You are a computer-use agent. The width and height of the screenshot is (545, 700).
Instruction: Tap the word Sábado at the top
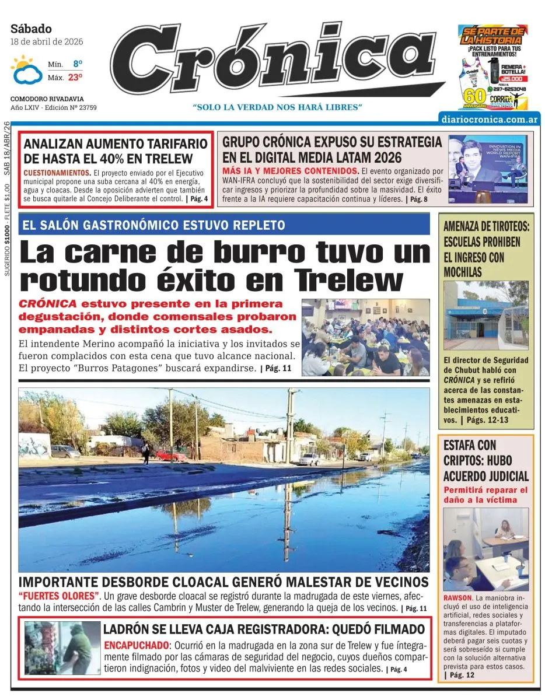coord(31,29)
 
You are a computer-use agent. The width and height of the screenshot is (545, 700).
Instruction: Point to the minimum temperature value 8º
coord(78,64)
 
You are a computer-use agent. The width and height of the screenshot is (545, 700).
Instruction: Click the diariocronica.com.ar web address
coord(490,119)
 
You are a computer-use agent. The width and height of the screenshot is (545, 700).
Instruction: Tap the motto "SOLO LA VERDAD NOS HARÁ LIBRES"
coord(278,107)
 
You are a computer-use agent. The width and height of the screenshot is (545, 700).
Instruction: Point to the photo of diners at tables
coord(365,337)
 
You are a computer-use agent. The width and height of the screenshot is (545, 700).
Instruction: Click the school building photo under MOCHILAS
coord(485,316)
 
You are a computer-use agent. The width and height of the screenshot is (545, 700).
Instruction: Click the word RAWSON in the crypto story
coord(458,598)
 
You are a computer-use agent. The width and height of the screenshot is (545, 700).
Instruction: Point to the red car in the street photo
coord(171,455)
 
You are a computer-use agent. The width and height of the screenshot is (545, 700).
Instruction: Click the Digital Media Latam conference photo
coord(488,169)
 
